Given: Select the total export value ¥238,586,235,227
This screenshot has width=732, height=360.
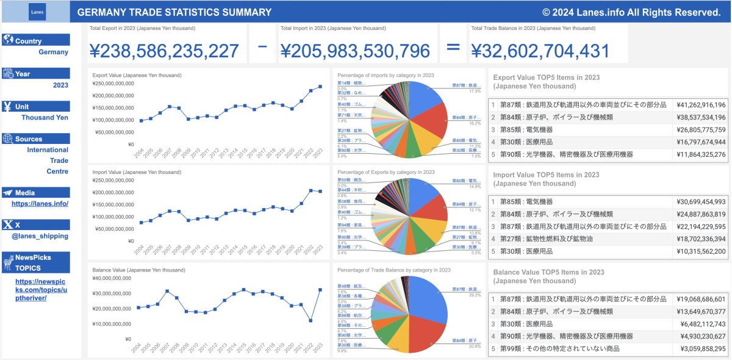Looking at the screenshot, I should (164, 51).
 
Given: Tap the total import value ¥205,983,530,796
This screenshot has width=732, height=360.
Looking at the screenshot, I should (355, 51).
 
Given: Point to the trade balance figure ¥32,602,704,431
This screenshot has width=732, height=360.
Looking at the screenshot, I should (540, 51).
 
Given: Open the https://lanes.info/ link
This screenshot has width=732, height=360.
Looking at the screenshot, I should (40, 204).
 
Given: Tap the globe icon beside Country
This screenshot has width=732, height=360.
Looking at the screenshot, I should (9, 40).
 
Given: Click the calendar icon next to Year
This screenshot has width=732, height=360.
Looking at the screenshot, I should (9, 73).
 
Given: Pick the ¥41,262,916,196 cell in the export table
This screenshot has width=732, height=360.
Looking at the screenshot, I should (701, 105).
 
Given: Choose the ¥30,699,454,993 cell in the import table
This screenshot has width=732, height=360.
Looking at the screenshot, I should (701, 201).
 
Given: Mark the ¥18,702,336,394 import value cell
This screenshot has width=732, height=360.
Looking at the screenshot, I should (701, 239).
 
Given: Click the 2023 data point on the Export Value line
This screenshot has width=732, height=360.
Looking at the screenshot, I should (320, 86).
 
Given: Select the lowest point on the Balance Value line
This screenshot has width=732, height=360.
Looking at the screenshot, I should (310, 320).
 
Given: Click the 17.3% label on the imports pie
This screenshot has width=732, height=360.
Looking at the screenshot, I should (475, 91).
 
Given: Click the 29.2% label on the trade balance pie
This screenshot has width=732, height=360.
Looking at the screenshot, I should (475, 295).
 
